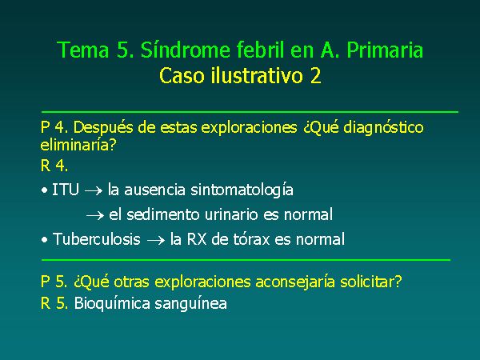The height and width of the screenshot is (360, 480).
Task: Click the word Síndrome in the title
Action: pos(186,50)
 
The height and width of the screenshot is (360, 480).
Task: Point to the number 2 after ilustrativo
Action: pos(315,76)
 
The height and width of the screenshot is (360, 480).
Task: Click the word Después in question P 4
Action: pos(103,128)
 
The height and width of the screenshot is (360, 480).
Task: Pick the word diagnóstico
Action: pos(383,128)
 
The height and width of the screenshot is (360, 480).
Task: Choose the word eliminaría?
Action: pos(78,145)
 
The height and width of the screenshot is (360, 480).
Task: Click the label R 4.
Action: pos(54,166)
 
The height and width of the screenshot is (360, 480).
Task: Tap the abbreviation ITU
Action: pos(66,190)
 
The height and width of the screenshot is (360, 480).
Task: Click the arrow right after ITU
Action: pos(94,191)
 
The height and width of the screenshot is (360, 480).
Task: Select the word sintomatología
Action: pos(242,190)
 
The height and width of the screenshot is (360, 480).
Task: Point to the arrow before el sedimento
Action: pos(95,216)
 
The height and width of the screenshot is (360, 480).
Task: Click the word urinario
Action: pos(231,214)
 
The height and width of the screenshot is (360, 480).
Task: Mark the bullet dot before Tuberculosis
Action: pos(45,240)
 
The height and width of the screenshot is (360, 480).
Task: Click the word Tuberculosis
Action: pos(97,239)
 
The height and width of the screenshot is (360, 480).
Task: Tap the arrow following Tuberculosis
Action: pos(156,241)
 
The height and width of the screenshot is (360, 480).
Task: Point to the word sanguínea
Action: pos(190,304)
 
